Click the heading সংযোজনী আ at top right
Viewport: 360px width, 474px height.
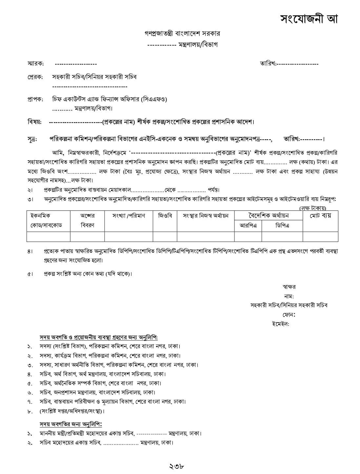(x=309, y=19)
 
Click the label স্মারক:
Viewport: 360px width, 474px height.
(x=35, y=64)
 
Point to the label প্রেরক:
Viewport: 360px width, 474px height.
(x=35, y=77)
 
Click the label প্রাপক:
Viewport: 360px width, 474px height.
(x=35, y=99)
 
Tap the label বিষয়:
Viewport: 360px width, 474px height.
(x=34, y=122)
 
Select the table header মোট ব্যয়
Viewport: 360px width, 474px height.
(x=320, y=216)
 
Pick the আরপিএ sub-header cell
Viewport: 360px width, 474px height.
(x=248, y=226)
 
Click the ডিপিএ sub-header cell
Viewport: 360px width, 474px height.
(x=282, y=226)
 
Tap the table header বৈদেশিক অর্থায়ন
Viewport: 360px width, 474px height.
(x=268, y=215)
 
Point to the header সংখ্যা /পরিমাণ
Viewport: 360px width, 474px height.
(x=129, y=216)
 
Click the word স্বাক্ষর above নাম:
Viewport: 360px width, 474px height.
(x=289, y=287)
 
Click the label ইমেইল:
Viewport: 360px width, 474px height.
(x=280, y=324)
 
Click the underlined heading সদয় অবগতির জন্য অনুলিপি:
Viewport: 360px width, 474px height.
(x=71, y=424)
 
